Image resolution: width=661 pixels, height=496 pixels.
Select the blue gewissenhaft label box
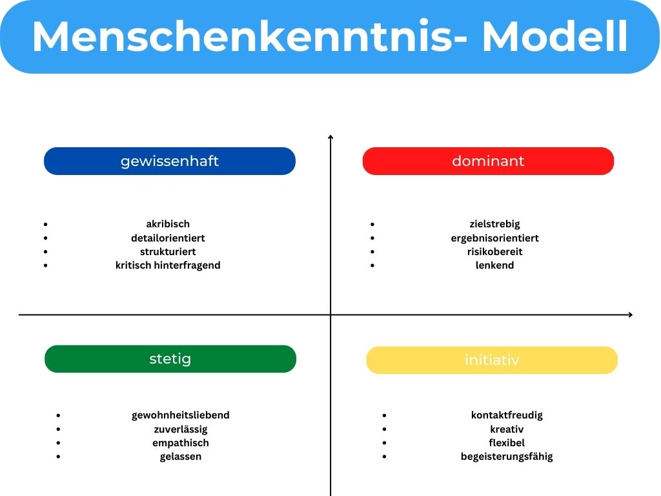point(170,161)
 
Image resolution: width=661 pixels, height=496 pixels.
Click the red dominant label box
point(488,161)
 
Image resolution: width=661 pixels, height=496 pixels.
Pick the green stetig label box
point(170,358)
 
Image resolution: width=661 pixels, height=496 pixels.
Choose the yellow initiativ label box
point(492,360)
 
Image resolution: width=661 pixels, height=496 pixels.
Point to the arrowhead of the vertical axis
point(330,136)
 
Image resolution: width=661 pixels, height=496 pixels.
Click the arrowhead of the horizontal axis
point(630,315)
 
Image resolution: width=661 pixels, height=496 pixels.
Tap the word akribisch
point(168,224)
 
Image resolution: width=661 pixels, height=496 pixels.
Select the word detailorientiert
point(168,238)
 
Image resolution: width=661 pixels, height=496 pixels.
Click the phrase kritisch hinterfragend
point(168,265)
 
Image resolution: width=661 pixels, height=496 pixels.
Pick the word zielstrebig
point(494,224)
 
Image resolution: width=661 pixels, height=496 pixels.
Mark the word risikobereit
point(494,251)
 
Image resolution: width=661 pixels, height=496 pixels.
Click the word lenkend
point(494,265)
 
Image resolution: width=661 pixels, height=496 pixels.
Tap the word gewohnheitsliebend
point(181,415)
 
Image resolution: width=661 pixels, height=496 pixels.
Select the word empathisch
point(181,442)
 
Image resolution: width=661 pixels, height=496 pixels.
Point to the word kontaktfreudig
point(507,415)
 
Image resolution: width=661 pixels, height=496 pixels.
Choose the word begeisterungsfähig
point(507,457)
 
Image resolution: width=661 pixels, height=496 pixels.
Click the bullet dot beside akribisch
point(46,224)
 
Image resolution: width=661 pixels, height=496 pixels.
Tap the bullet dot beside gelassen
point(59,457)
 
